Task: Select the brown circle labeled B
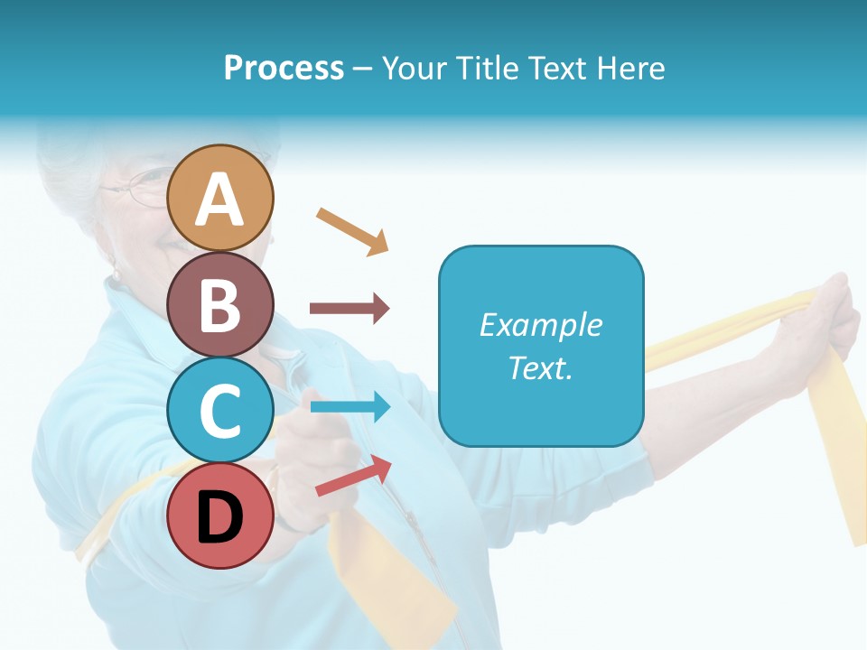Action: (x=220, y=304)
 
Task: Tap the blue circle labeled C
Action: (x=220, y=410)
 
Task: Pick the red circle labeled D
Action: (x=220, y=515)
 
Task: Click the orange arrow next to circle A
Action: (x=352, y=230)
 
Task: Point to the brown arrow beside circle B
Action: (x=349, y=309)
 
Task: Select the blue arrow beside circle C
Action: (x=350, y=406)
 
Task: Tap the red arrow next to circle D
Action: (x=353, y=476)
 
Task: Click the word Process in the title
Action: (x=284, y=69)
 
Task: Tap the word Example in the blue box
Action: (x=540, y=325)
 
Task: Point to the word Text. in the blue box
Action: (x=540, y=368)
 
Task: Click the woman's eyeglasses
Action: (x=135, y=190)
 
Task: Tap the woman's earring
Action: (x=114, y=270)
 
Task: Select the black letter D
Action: (x=220, y=518)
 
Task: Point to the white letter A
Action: (x=220, y=200)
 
